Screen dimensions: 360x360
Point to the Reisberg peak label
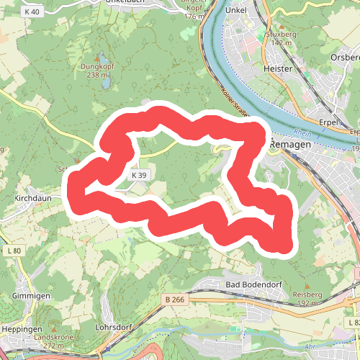point(307,295)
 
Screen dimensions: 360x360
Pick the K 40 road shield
point(31,12)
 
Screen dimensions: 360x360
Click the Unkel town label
point(235,10)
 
